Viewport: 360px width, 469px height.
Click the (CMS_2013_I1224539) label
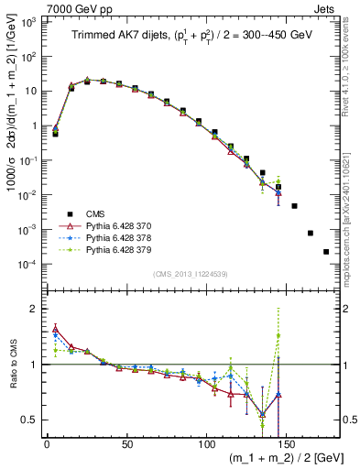[x=190, y=272]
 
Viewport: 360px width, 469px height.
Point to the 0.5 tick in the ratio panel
[x=30, y=420]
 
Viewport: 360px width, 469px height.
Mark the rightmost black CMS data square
[x=326, y=251]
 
